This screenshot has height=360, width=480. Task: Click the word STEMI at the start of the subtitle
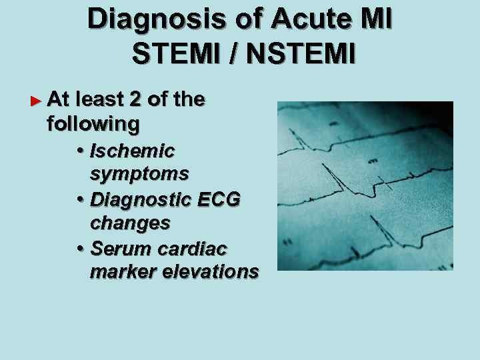click(177, 53)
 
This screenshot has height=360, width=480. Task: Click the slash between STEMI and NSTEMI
click(234, 53)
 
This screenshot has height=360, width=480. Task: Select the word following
click(93, 124)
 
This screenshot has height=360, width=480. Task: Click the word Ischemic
click(132, 150)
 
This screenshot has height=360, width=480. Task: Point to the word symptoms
click(139, 174)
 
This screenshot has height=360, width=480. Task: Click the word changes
click(130, 223)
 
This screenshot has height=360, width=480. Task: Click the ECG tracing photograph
click(365, 185)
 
